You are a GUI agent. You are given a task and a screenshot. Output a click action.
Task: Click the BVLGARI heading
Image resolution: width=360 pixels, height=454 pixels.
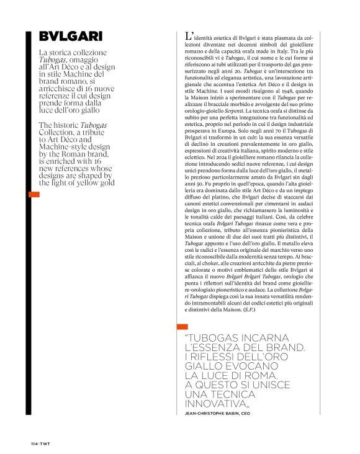click(x=70, y=37)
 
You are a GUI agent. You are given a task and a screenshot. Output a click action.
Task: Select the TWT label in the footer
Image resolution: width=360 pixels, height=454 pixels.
click(x=46, y=443)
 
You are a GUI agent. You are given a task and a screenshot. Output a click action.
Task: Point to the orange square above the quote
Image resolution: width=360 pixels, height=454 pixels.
click(x=182, y=327)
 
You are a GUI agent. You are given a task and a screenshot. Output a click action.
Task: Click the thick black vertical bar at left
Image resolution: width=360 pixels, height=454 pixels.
click(x=29, y=223)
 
